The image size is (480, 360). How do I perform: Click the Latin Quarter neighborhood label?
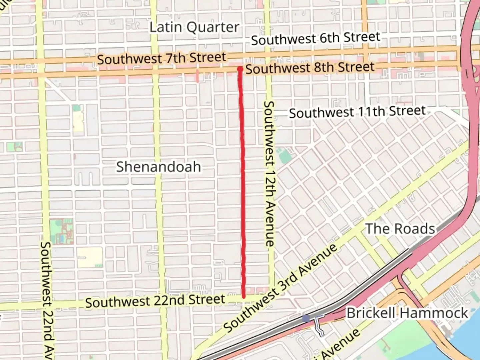click(x=194, y=27)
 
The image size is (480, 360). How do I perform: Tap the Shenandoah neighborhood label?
click(x=159, y=167)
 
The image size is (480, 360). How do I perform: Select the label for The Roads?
click(x=400, y=229)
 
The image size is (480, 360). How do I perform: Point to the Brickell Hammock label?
click(x=407, y=313)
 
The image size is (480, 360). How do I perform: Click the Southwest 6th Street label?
click(x=315, y=38)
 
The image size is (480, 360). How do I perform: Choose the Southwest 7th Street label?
click(x=162, y=59)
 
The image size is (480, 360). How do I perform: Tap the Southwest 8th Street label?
click(x=310, y=68)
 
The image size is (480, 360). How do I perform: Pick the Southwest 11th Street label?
click(x=357, y=112)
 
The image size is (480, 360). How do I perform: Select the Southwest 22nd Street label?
click(x=155, y=301)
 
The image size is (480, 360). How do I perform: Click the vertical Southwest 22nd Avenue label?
click(x=47, y=300)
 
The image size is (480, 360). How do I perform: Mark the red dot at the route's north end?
click(x=240, y=69)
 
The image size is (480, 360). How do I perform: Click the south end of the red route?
click(x=244, y=296)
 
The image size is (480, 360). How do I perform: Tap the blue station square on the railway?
click(x=306, y=319)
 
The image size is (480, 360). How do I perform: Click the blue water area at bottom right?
click(x=467, y=347)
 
